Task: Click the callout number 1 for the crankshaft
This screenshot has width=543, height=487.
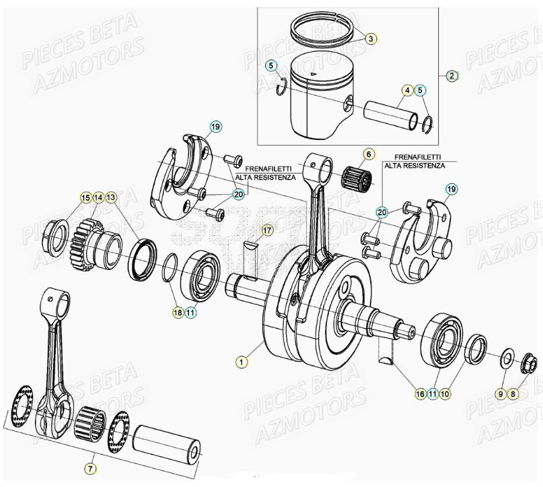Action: point(242,361)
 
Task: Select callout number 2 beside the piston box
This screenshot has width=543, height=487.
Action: point(451,75)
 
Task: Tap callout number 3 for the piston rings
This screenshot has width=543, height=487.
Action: point(370,39)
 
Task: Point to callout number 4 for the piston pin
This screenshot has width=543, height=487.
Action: point(407,90)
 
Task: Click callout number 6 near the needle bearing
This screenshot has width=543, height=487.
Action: point(369,154)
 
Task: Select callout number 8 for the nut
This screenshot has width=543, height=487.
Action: point(514,394)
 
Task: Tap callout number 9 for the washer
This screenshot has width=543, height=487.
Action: point(501,394)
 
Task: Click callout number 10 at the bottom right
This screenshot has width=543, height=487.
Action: point(445,394)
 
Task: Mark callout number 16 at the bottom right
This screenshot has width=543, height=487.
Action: point(420,394)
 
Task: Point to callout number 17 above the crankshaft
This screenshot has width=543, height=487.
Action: point(266,231)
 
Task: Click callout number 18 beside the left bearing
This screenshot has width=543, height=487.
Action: point(178,313)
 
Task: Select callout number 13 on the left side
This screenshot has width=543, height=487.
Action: point(111,197)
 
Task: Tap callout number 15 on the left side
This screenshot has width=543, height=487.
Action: point(85,197)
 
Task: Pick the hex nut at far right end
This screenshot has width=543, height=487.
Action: point(528,366)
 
